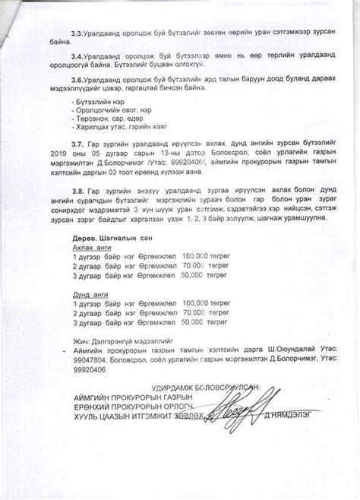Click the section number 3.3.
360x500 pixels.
77,35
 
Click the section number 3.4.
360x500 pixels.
77,56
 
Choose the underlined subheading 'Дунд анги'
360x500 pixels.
89,293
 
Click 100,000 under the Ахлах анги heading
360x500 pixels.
200,257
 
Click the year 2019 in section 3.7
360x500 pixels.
77,153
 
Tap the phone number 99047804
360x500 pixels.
86,363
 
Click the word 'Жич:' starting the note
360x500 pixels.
78,343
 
